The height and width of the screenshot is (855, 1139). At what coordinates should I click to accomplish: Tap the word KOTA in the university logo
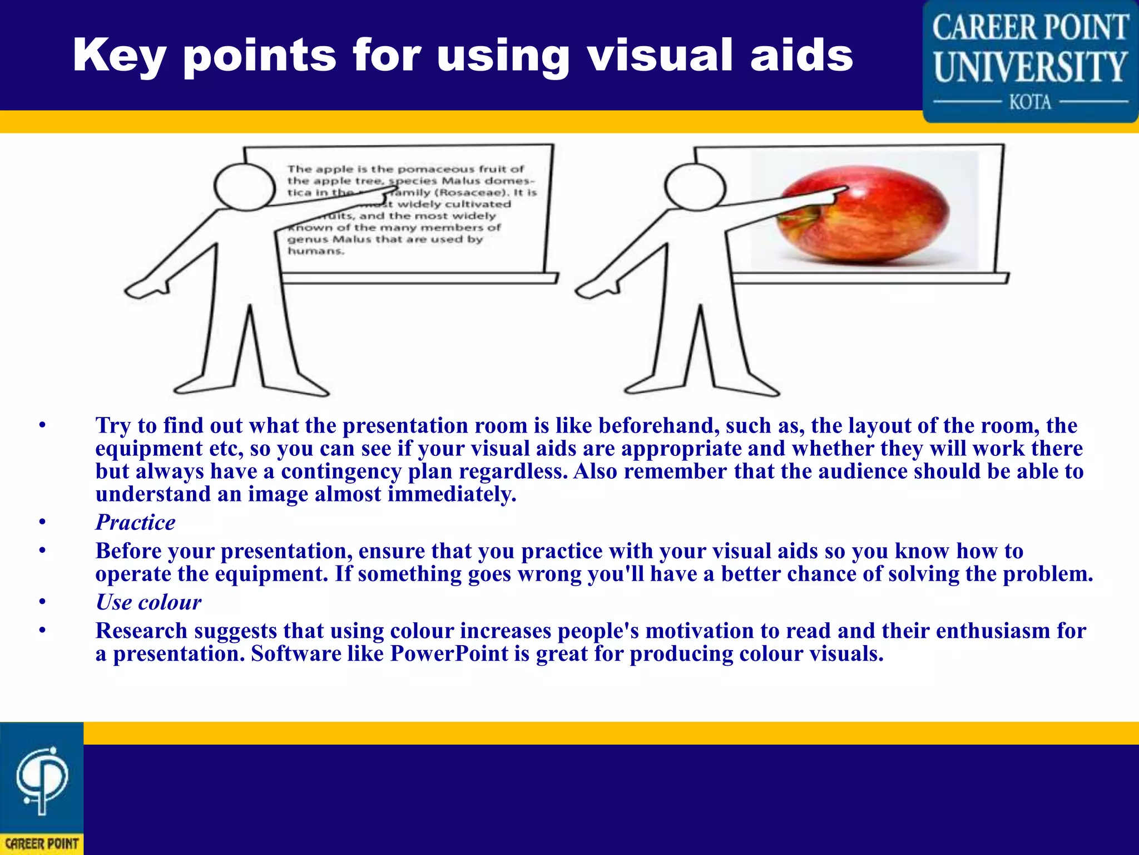click(1030, 102)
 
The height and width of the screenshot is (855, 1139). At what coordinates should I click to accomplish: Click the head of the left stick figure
click(245, 187)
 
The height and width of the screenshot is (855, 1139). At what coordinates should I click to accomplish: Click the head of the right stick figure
click(695, 187)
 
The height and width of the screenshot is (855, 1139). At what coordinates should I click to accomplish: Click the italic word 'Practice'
click(135, 522)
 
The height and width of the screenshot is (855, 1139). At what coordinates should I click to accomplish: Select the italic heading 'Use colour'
click(148, 602)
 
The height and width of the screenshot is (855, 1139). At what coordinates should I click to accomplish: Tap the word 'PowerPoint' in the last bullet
click(449, 653)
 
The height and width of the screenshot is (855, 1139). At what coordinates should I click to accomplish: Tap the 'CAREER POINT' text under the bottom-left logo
click(42, 843)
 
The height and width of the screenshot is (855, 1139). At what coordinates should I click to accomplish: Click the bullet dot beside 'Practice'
click(42, 522)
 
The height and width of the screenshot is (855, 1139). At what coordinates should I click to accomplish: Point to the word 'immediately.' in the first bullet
click(452, 494)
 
